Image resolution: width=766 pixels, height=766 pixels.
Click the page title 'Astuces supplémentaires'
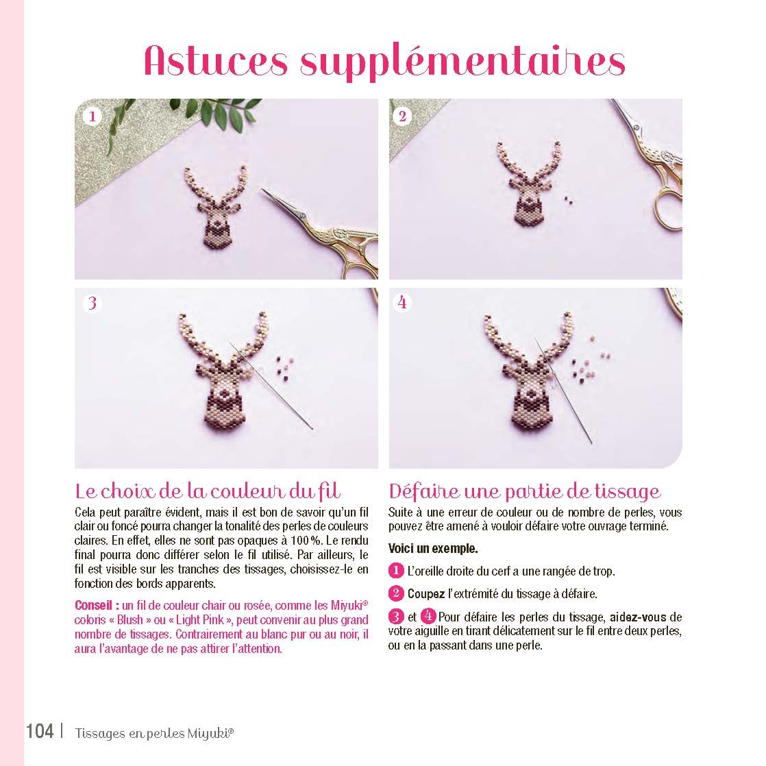(384, 61)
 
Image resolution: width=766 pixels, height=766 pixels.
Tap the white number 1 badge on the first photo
(92, 116)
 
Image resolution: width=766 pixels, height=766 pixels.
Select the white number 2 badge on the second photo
(403, 116)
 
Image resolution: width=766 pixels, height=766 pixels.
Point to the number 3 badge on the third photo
(92, 304)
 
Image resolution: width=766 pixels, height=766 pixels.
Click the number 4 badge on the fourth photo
(403, 302)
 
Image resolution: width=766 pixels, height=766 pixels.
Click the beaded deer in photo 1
(216, 207)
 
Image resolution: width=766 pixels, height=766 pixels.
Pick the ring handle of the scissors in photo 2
(668, 208)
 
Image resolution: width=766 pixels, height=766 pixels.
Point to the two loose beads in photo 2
(568, 199)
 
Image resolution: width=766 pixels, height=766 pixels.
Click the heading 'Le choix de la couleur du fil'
(208, 491)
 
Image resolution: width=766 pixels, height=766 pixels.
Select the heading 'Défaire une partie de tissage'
(525, 491)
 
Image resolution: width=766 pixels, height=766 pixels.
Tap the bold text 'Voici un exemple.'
(433, 549)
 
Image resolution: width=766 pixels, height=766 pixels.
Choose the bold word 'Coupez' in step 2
(426, 594)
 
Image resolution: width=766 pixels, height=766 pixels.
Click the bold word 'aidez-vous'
(638, 617)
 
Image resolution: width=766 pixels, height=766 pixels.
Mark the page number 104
(40, 731)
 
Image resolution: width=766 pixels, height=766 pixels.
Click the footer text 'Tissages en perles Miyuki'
(154, 733)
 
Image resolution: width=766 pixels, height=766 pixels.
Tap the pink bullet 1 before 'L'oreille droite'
(396, 571)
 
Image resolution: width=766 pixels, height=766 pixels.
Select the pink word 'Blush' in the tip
(130, 620)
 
